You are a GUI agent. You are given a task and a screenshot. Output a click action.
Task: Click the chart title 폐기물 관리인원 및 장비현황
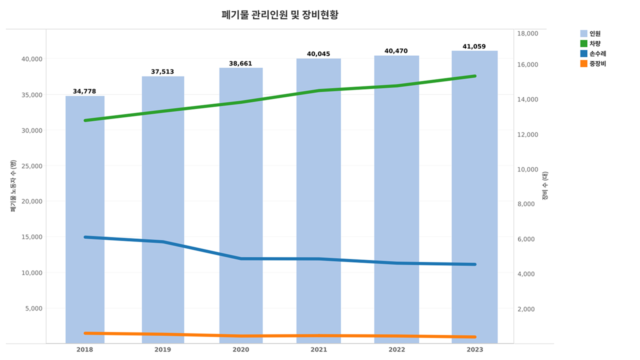tap(279, 15)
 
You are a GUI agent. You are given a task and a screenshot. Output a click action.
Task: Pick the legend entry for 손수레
tap(597, 53)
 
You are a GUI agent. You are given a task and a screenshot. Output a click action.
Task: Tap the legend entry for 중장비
tap(597, 63)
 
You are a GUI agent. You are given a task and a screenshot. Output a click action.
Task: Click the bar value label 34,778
tap(84, 91)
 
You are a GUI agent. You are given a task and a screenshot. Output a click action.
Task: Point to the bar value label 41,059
tap(474, 46)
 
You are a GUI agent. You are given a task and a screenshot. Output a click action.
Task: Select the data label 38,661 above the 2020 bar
tap(240, 63)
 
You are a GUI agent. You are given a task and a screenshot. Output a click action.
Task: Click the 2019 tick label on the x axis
tap(162, 349)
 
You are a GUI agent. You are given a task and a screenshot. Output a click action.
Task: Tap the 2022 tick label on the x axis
tap(396, 349)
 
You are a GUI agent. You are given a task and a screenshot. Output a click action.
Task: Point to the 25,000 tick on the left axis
tap(30, 166)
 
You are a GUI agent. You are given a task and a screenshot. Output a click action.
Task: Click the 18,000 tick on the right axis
tap(527, 33)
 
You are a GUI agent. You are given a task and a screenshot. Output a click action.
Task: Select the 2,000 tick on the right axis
tap(525, 309)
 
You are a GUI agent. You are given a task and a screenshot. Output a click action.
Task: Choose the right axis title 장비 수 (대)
tap(545, 186)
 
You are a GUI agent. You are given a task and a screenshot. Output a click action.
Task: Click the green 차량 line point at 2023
tap(474, 76)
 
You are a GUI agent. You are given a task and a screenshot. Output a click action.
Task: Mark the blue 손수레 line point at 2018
tap(85, 237)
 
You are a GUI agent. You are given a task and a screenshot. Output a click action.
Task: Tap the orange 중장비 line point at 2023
tap(474, 337)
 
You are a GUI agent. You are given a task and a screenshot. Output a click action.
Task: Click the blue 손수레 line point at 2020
tap(241, 258)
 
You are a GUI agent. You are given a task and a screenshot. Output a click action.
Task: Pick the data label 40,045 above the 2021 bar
tap(318, 54)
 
